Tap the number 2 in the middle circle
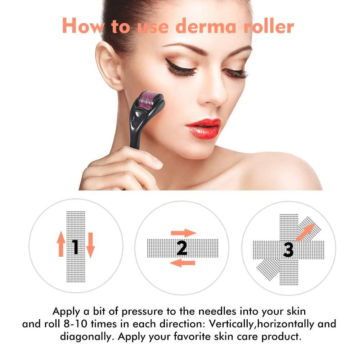coord(182,248)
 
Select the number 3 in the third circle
coord(288,249)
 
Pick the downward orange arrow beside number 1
coord(90,245)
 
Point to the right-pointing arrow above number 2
coord(183,233)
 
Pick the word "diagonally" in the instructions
coord(87,337)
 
